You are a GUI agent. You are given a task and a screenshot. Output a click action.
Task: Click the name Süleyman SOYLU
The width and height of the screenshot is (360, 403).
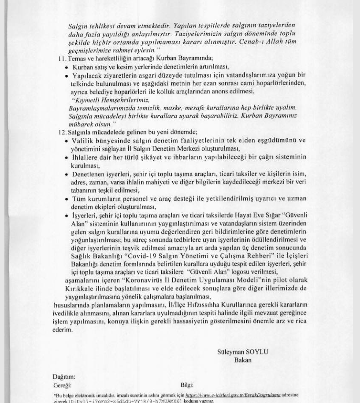pyautogui.click(x=242, y=351)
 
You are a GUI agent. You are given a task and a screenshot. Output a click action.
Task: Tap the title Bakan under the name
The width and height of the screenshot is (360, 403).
pyautogui.click(x=243, y=360)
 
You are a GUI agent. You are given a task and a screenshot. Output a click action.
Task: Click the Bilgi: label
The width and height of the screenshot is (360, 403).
pyautogui.click(x=187, y=385)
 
